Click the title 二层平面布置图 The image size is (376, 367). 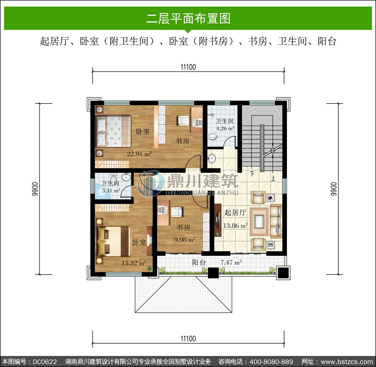click(x=188, y=19)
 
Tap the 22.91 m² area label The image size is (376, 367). click(x=139, y=154)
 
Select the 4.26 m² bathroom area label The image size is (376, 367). click(x=225, y=128)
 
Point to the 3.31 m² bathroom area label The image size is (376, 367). click(x=111, y=190)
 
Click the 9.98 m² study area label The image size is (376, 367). click(x=185, y=240)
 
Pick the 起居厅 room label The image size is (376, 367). click(x=235, y=212)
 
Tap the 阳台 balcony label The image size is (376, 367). click(x=199, y=262)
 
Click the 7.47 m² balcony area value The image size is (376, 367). click(x=231, y=262)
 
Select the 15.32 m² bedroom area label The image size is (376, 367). click(x=134, y=263)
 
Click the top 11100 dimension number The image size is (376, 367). click(x=188, y=67)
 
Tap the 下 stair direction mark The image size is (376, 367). click(x=252, y=173)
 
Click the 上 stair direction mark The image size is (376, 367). click(x=273, y=178)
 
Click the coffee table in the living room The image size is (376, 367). click(x=259, y=222)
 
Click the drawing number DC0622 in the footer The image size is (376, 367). click(x=45, y=362)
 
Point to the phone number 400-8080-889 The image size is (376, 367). click(x=271, y=362)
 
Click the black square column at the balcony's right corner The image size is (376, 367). click(x=283, y=272)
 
